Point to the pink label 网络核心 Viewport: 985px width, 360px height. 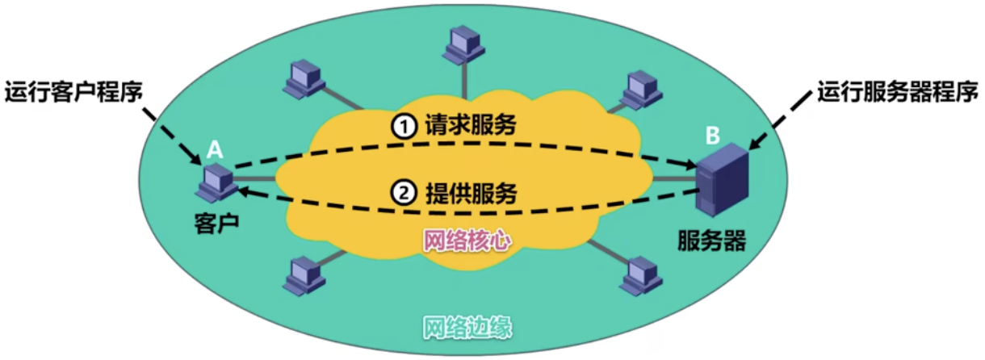pos(467,240)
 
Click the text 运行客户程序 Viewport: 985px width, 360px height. pos(74,91)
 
